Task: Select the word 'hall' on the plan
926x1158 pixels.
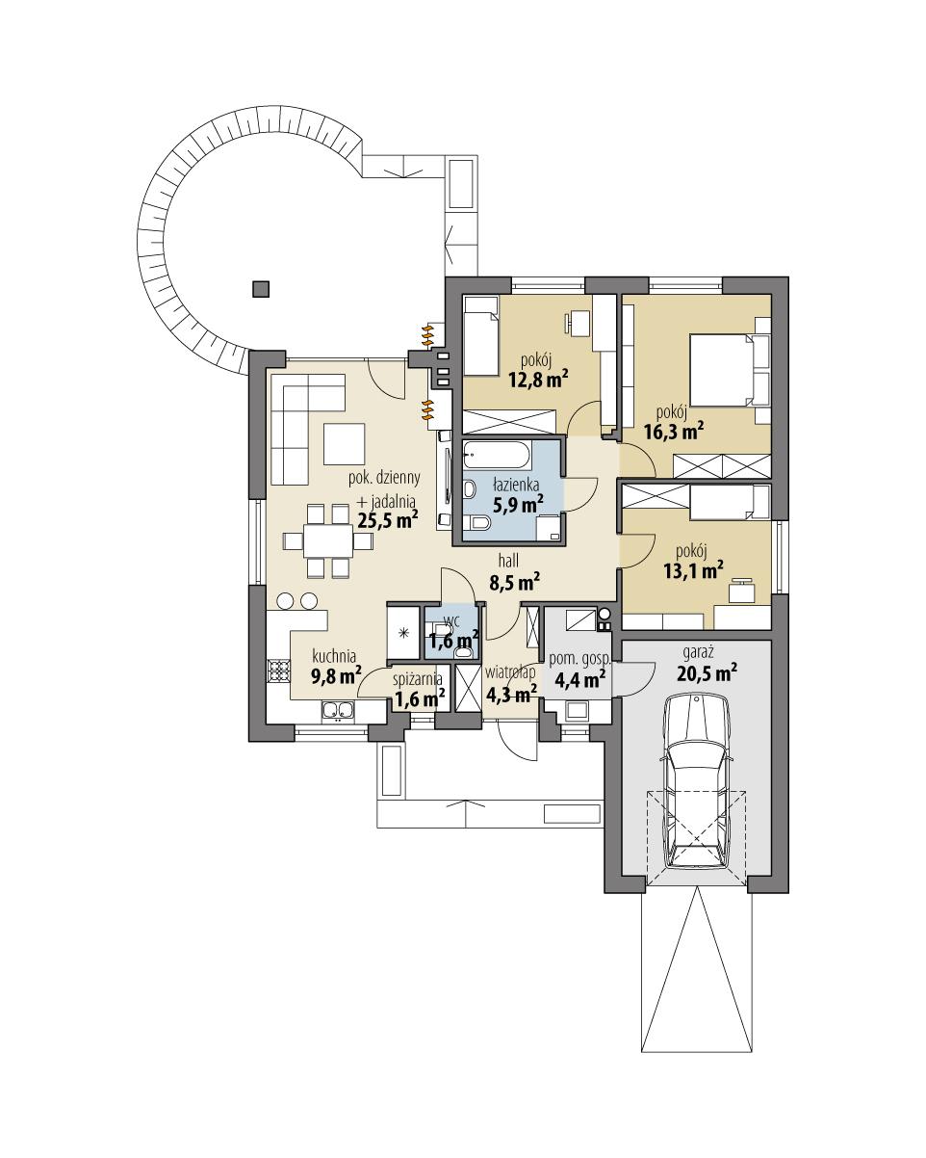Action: (x=510, y=560)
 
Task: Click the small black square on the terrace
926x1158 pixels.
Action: (x=260, y=287)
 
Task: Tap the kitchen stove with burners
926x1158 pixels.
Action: (x=278, y=671)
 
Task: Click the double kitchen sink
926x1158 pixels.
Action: (x=338, y=712)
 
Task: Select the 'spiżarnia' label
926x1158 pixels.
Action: (x=417, y=678)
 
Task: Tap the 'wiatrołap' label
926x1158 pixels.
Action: (x=510, y=671)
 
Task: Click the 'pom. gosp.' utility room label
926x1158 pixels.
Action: (x=579, y=660)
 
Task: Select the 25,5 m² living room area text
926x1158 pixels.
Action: (x=387, y=521)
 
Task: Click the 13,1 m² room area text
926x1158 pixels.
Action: (x=693, y=571)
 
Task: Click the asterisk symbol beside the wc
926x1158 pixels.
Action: (x=403, y=633)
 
